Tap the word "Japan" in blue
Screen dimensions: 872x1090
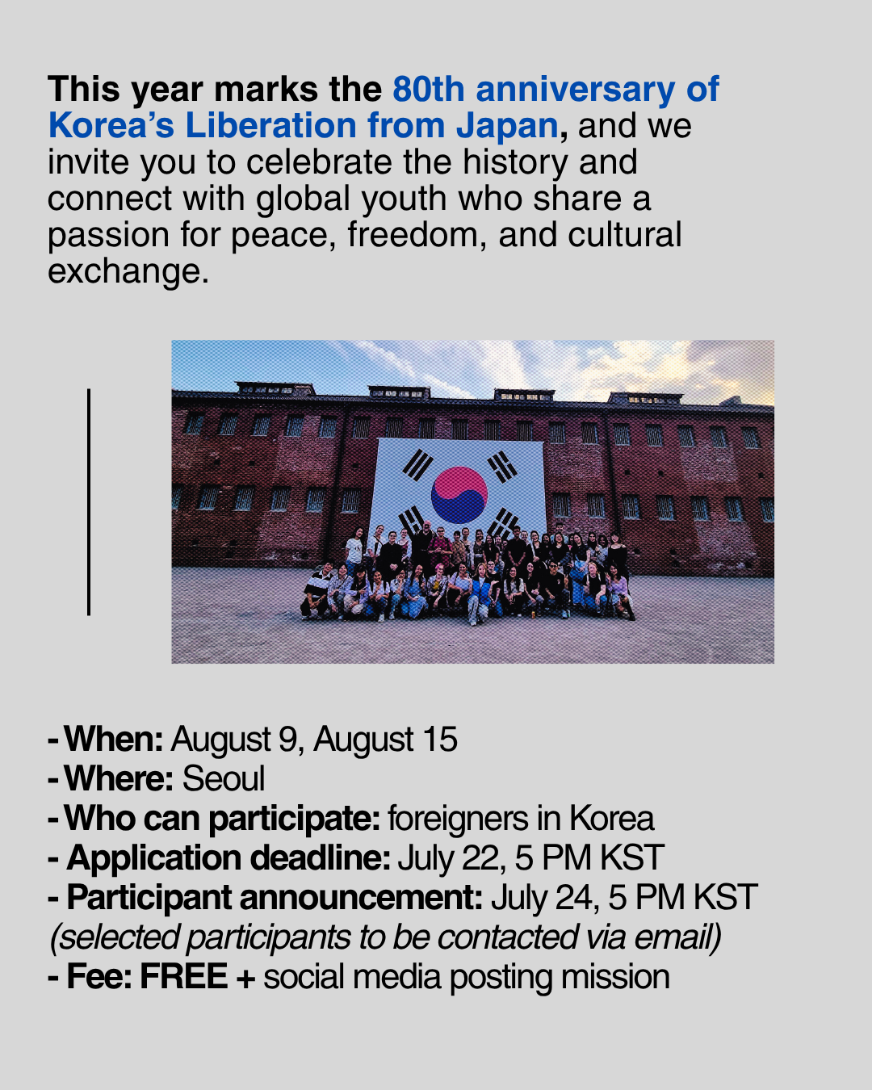point(507,127)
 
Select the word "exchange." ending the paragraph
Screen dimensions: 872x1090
point(128,272)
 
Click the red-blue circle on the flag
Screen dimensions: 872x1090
point(459,495)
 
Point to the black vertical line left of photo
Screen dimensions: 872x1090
point(89,502)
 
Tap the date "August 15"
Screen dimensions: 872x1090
point(386,740)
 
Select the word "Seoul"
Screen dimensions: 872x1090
point(224,778)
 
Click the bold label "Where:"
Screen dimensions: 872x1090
point(119,778)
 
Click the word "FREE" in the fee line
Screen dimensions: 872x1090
point(183,976)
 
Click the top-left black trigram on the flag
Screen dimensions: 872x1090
point(417,464)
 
